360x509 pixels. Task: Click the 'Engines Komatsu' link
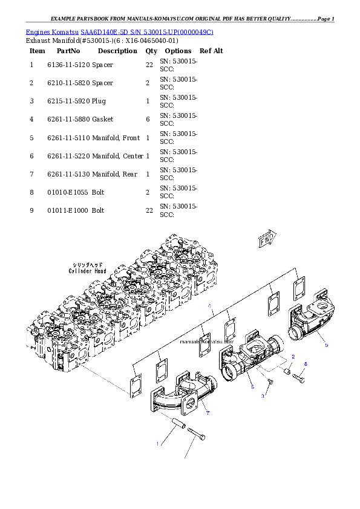[52, 32]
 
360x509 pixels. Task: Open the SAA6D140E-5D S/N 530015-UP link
[147, 32]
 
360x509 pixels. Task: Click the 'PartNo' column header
[68, 51]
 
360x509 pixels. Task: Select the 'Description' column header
[117, 51]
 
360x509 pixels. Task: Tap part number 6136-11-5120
[68, 65]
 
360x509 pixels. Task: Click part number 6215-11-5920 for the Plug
[68, 102]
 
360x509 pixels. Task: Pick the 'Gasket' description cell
[103, 120]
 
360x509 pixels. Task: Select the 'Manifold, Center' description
[117, 156]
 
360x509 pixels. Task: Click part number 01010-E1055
[68, 192]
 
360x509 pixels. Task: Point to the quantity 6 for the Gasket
[148, 120]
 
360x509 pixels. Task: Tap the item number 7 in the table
[31, 174]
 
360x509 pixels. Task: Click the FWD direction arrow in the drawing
[267, 239]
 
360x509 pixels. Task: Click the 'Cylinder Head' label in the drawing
[87, 271]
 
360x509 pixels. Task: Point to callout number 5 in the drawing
[327, 345]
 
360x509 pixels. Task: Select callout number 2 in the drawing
[293, 357]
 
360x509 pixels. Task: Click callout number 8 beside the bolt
[306, 365]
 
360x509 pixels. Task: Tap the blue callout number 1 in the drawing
[157, 444]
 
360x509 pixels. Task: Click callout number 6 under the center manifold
[252, 387]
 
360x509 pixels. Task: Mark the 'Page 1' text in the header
[326, 19]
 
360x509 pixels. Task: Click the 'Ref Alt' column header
[211, 51]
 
